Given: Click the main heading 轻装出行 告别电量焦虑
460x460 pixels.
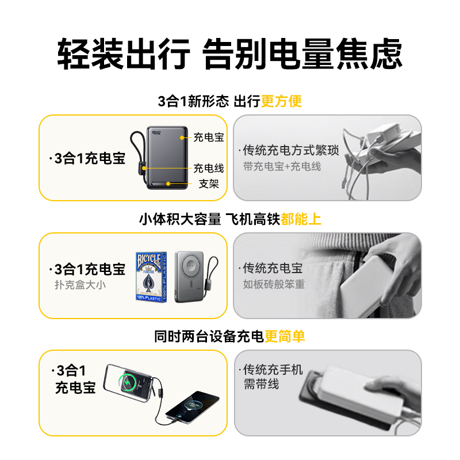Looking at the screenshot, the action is coord(229,54).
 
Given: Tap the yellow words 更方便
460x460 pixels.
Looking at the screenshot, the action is coord(281,102).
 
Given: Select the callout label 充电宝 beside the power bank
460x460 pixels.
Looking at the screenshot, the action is coord(209,137).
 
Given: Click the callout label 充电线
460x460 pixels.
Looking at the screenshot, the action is coord(209,168).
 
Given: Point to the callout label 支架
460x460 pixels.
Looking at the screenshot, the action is coord(209,184).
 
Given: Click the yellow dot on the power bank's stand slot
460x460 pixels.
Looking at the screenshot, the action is coord(168,183).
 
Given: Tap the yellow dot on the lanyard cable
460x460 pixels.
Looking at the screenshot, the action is coord(144,168).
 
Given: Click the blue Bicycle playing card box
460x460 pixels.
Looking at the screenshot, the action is coord(151,277).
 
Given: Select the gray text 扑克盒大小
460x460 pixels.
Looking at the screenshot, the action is coord(80,285).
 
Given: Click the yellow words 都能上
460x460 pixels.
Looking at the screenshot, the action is coord(301,219).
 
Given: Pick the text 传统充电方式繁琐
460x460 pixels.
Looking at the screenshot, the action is coord(291,150).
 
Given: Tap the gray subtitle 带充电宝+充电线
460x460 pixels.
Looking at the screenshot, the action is coord(282,167).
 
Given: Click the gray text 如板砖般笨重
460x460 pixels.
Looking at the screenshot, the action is coord(274,284).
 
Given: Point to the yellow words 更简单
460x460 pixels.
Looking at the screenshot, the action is coord(285,336).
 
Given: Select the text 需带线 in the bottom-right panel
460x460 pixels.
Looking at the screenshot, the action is coord(261,384).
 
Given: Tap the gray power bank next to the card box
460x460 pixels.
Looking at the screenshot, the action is coord(189,277).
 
